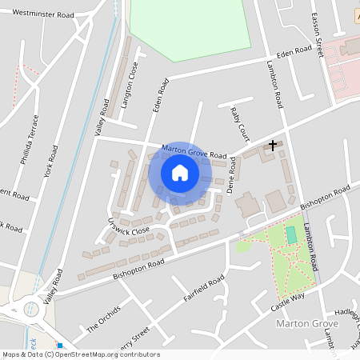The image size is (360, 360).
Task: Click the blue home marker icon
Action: pos(180,173)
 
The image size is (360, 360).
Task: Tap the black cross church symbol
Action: pos(273,146)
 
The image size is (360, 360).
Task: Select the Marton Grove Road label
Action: pos(194,150)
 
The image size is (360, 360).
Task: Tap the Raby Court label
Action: pos(237,123)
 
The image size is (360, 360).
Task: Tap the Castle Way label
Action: pos(287,301)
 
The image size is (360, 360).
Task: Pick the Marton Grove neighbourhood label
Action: pos(306,323)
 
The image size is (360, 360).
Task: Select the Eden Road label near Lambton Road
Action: pos(294,51)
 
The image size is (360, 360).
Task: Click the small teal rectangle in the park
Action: pos(290,235)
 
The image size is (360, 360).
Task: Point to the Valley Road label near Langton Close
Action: pos(102,117)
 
